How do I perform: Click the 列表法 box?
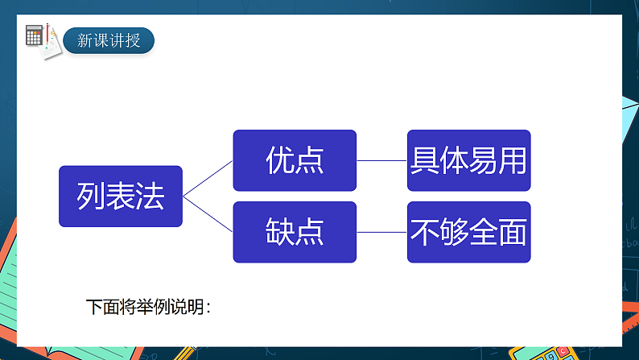click(x=121, y=196)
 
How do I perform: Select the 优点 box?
click(x=295, y=160)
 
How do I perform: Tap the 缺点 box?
click(x=295, y=232)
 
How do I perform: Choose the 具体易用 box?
click(x=468, y=160)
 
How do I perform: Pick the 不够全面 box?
click(x=468, y=232)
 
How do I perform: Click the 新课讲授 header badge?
click(x=109, y=40)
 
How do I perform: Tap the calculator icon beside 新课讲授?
click(x=35, y=35)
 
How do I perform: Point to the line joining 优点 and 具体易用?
click(x=381, y=160)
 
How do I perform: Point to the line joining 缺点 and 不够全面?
click(x=381, y=232)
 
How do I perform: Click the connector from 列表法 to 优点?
click(x=208, y=178)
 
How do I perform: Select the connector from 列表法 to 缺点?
click(x=208, y=213)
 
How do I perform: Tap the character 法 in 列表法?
click(x=150, y=196)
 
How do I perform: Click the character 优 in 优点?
click(x=279, y=160)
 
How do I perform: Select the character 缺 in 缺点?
click(x=279, y=232)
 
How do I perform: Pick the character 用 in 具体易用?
click(x=513, y=160)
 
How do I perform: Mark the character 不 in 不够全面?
click(x=424, y=232)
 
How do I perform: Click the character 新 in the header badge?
click(x=85, y=40)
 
